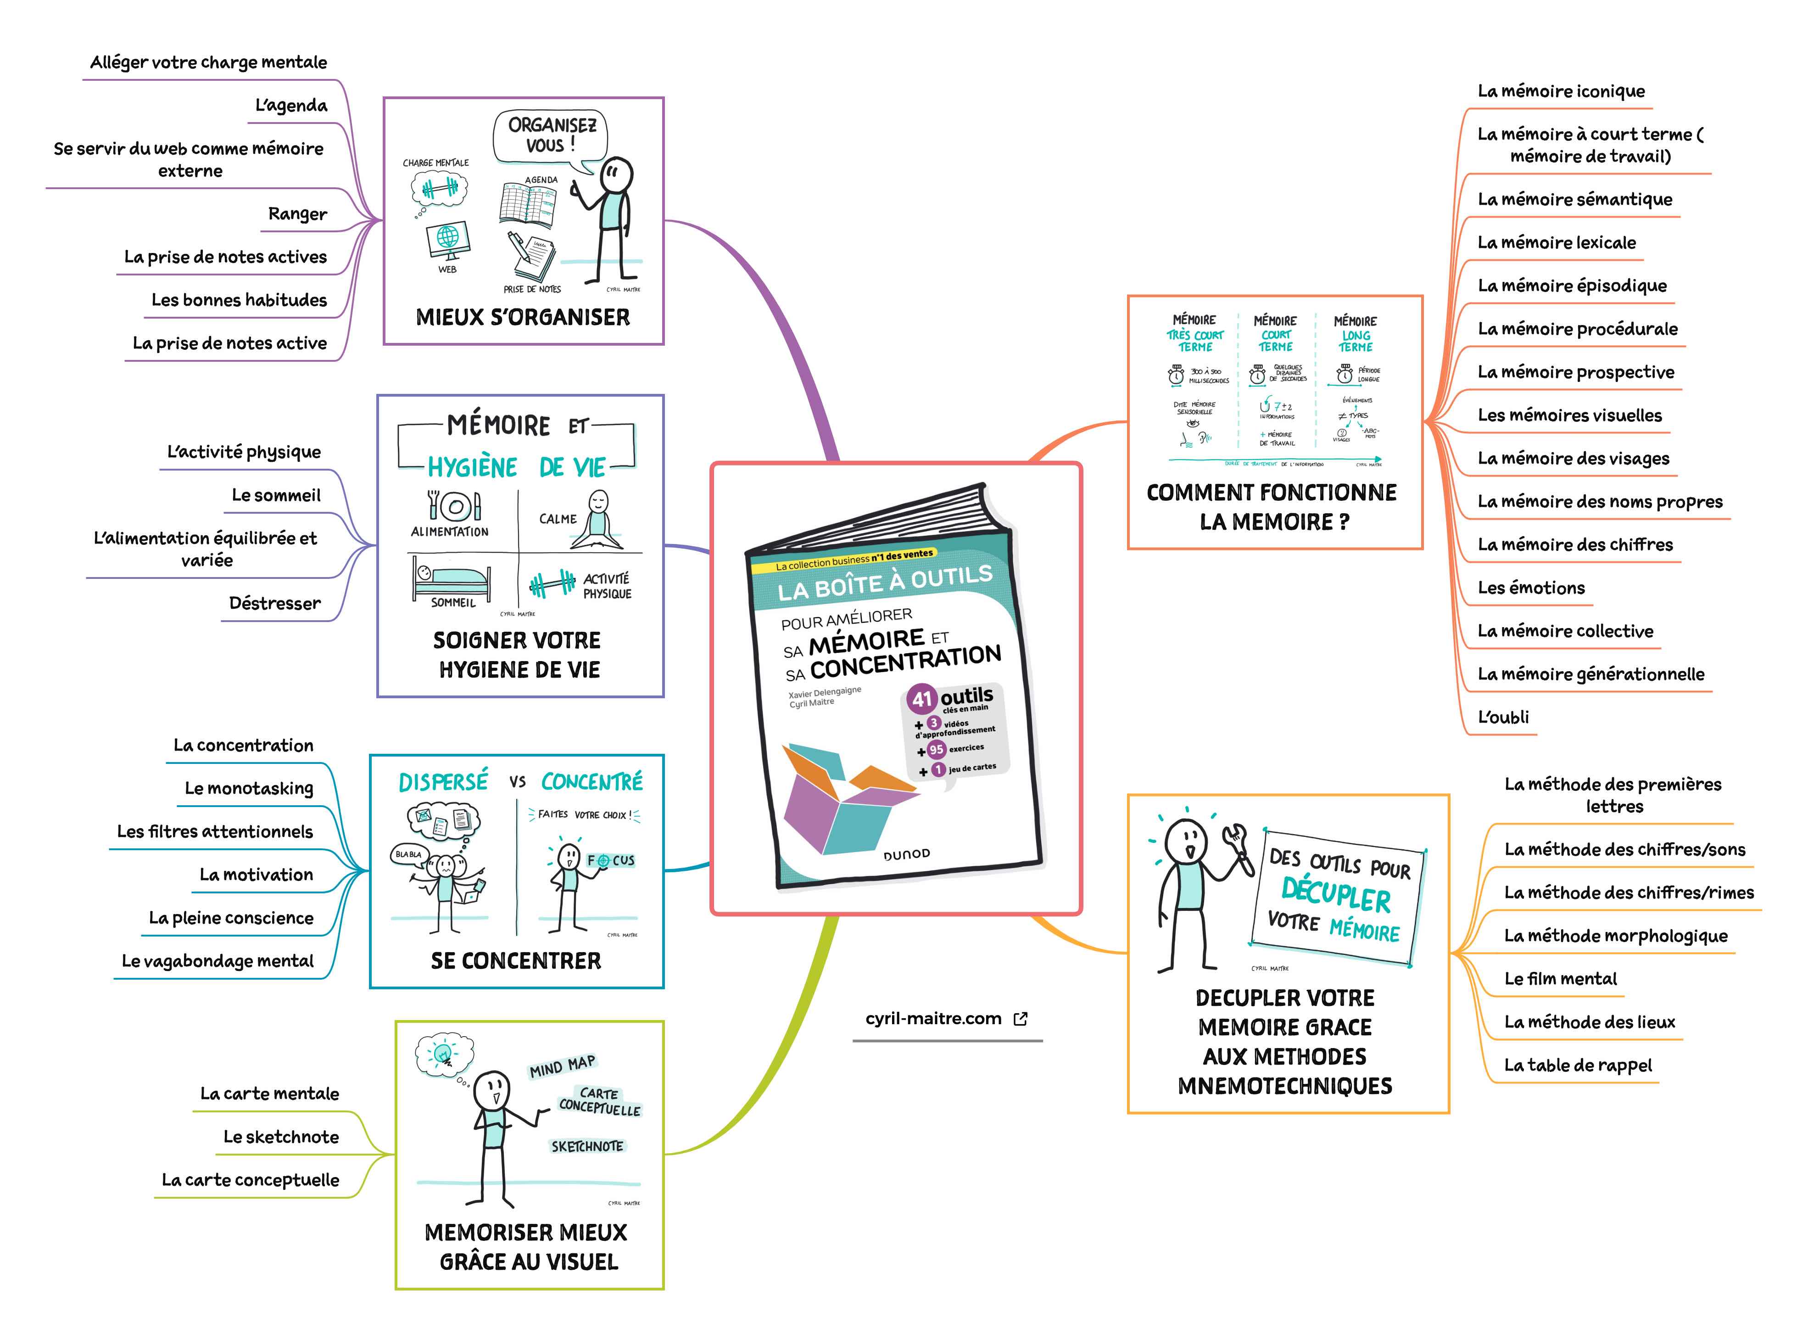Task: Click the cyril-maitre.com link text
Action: pyautogui.click(x=933, y=1019)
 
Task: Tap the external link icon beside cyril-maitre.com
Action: pyautogui.click(x=1021, y=1019)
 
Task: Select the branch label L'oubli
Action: pyautogui.click(x=1503, y=718)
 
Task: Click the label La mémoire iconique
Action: pyautogui.click(x=1561, y=91)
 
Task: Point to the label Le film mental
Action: pyautogui.click(x=1560, y=979)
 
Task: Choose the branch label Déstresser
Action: pyautogui.click(x=275, y=604)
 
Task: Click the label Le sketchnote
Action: pyautogui.click(x=281, y=1137)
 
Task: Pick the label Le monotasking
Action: pyautogui.click(x=249, y=789)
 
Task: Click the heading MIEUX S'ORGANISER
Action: pyautogui.click(x=523, y=318)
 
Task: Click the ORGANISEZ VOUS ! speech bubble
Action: pyautogui.click(x=551, y=136)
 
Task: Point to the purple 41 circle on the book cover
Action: pyautogui.click(x=922, y=700)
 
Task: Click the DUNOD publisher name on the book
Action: pyautogui.click(x=906, y=855)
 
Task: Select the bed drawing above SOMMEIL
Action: pyautogui.click(x=451, y=578)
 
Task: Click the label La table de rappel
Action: pyautogui.click(x=1578, y=1066)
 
